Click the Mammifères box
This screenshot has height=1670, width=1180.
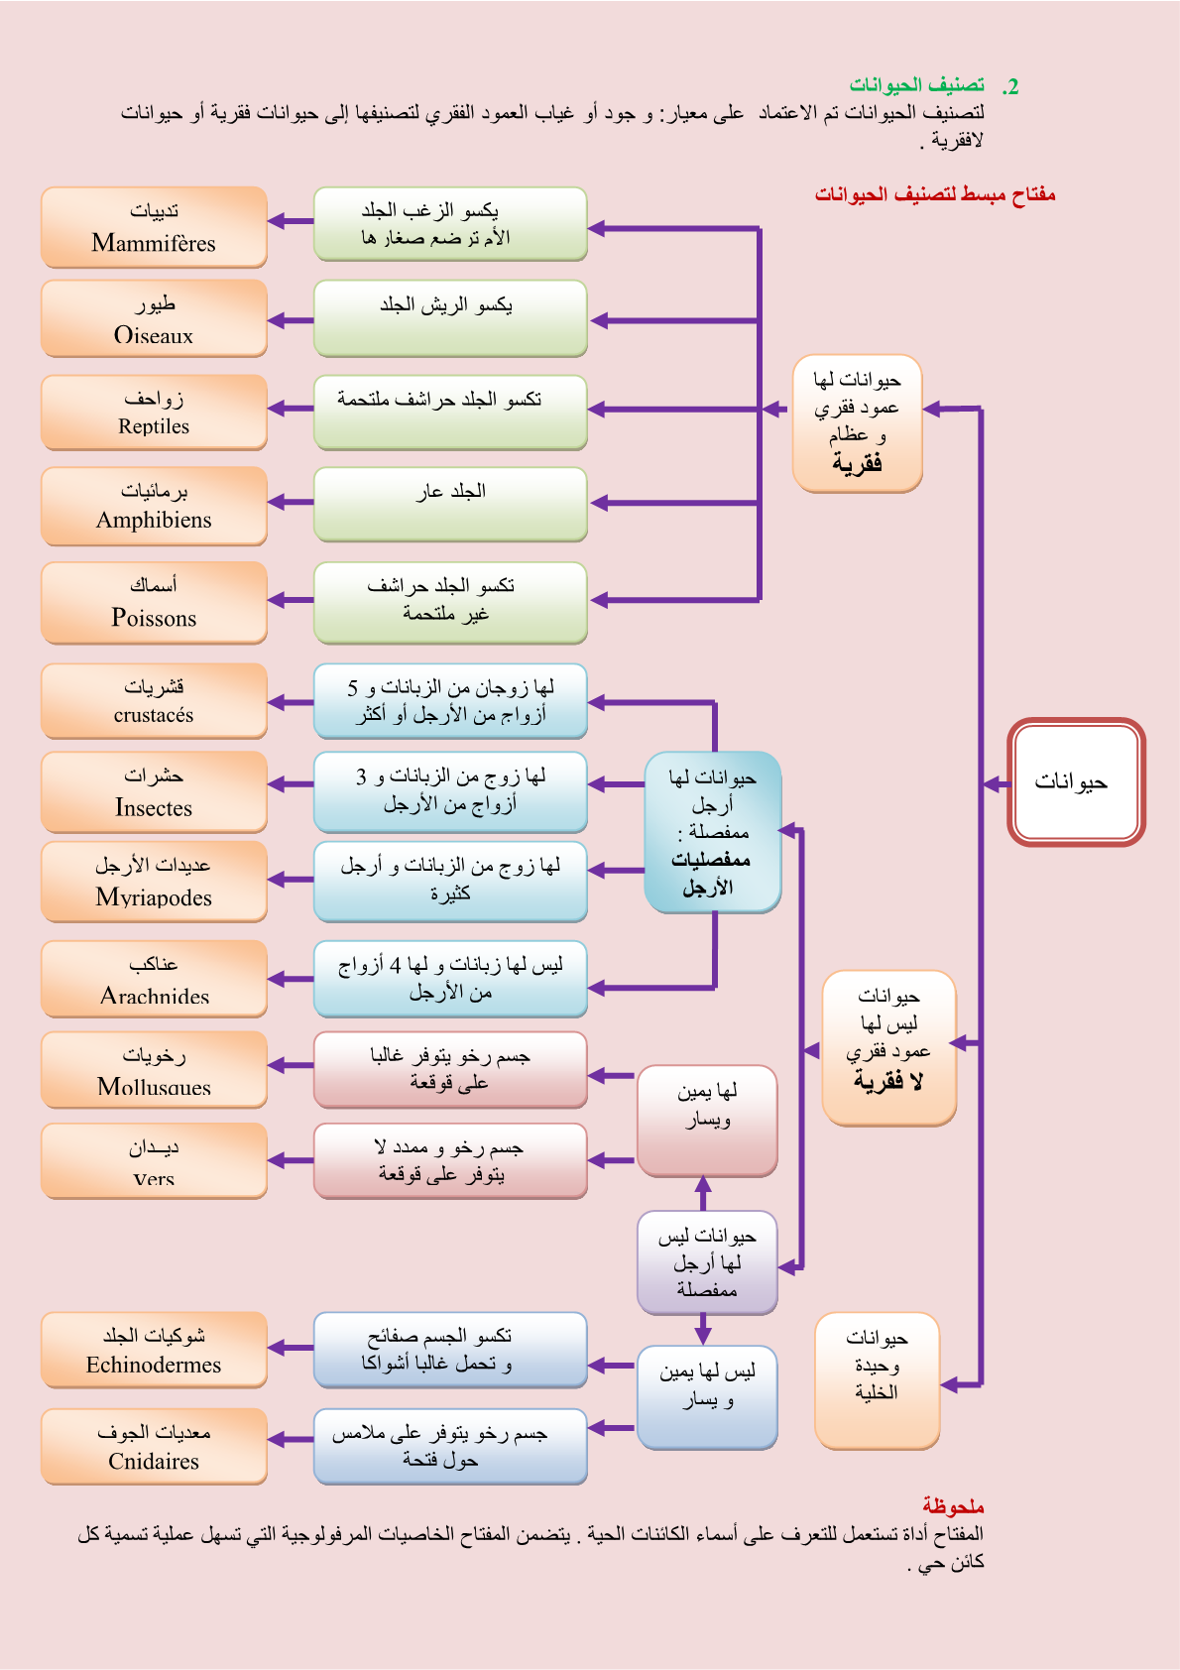point(154,227)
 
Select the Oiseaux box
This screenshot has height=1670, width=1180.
point(154,318)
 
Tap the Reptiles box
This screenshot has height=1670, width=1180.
point(154,413)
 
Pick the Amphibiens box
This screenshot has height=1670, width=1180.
point(154,506)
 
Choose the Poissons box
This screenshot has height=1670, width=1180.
point(154,602)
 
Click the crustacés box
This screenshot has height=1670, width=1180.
point(154,701)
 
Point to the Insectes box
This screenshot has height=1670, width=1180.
point(154,791)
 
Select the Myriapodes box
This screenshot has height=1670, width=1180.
point(154,882)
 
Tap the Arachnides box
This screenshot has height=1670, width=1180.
point(154,978)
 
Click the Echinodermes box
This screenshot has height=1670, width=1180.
point(154,1350)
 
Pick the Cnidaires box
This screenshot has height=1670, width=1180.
point(154,1446)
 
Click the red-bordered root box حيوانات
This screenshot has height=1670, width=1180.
point(1076,782)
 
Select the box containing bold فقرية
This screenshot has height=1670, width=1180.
point(857,422)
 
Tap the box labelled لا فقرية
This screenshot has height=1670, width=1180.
point(888,1047)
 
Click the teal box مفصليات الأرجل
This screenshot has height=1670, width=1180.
point(712,832)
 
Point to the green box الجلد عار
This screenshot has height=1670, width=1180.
point(450,504)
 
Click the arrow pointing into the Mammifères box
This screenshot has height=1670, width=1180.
point(290,221)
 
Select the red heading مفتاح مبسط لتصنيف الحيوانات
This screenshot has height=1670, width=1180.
point(935,194)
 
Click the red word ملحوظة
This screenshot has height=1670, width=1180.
point(953,1506)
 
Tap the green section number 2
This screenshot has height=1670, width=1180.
point(1010,87)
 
